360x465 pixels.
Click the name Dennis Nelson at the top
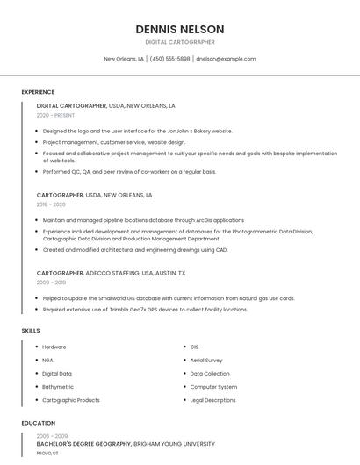(x=179, y=29)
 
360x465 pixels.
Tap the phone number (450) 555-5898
(x=169, y=59)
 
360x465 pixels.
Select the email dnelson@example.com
(x=226, y=59)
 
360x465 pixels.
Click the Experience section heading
(x=38, y=92)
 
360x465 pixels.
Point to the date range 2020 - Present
(x=56, y=116)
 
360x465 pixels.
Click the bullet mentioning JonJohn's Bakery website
(x=137, y=131)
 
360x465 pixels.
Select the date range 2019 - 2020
(x=51, y=204)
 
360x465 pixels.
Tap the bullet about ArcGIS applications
(x=143, y=220)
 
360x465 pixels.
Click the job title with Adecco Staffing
(x=111, y=273)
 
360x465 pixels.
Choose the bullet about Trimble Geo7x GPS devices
(x=145, y=309)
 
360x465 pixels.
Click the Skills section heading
(x=31, y=331)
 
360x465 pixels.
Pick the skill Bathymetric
(x=58, y=387)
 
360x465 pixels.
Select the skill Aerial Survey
(x=206, y=360)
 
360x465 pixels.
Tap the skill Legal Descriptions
(x=212, y=400)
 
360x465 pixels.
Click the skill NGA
(x=47, y=360)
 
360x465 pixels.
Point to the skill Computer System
(x=213, y=387)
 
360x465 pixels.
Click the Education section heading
(x=38, y=423)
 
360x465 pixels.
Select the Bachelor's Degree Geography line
(x=126, y=444)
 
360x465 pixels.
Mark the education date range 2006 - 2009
(x=51, y=436)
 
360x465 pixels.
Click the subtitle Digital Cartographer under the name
(x=179, y=42)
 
